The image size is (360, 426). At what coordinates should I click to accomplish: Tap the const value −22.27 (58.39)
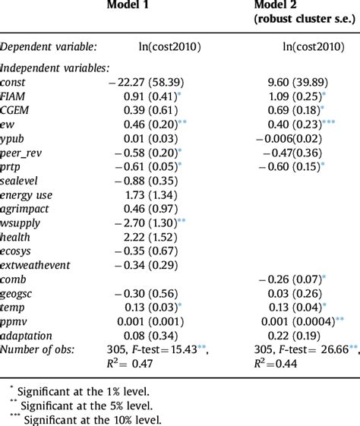pyautogui.click(x=149, y=82)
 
